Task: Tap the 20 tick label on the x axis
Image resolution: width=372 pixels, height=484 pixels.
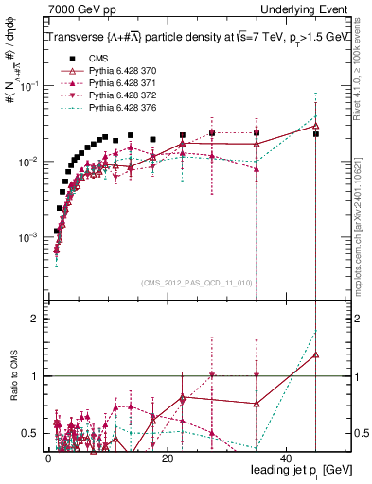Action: tap(167, 458)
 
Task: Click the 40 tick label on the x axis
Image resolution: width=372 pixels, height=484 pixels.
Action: tap(285, 458)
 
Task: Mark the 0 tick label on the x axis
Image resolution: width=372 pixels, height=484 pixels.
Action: tap(48, 458)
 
